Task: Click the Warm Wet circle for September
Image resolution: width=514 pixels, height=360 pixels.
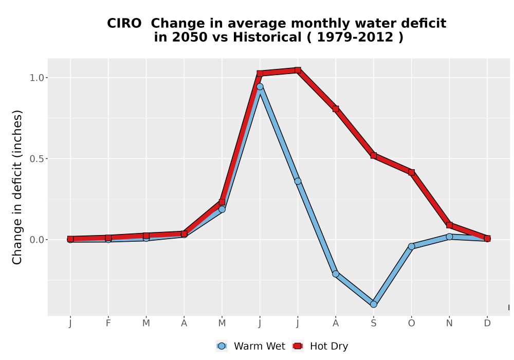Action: coord(373,304)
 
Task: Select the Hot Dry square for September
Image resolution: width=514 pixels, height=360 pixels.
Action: coord(373,155)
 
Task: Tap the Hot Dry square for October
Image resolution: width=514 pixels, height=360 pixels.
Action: coord(411,172)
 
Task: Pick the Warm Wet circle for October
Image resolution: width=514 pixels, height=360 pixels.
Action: coord(411,246)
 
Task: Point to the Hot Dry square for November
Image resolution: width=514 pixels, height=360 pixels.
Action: coord(449,225)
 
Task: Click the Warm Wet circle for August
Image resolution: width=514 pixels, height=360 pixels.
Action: coord(335,274)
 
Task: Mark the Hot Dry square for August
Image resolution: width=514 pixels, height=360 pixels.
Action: coord(335,109)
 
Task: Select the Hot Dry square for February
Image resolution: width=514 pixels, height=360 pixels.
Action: coord(108,238)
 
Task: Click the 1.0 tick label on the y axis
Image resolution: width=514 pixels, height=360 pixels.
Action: coord(36,78)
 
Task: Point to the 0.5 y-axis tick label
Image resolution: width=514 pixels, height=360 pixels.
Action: coord(36,159)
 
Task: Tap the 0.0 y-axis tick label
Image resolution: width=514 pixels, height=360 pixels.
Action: coord(36,240)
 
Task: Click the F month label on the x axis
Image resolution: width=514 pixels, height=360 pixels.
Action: coord(108,323)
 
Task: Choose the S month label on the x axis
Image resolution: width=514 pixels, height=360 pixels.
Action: coord(373,323)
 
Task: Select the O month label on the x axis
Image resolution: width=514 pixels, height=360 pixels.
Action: coord(411,323)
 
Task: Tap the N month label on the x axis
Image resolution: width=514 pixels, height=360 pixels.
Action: coord(449,323)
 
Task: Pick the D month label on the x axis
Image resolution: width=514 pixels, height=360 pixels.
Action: coord(487,323)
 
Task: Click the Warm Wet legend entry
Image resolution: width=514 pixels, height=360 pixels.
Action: coord(251,346)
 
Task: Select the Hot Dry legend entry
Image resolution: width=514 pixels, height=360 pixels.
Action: coord(320,346)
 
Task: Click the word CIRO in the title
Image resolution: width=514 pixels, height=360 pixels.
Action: coord(124,23)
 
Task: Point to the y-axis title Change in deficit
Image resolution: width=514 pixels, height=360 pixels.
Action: coord(17,187)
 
